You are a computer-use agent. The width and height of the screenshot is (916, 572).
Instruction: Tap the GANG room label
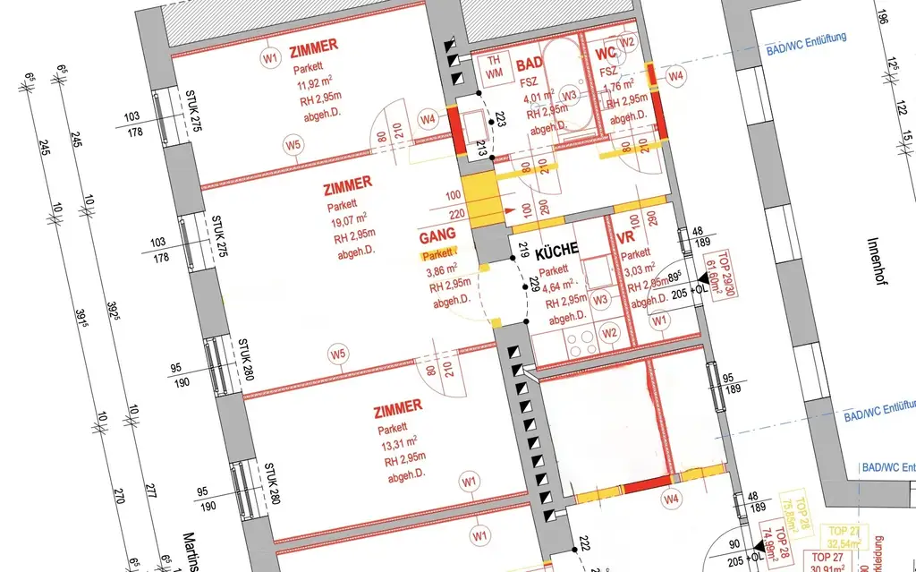[437, 238]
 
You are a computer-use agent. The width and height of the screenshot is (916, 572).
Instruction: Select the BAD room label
[529, 64]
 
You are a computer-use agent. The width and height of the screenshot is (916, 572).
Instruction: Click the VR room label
[626, 239]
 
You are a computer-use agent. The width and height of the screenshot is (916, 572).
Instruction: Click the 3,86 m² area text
[445, 272]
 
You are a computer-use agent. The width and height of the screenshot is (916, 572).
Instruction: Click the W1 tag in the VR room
[660, 320]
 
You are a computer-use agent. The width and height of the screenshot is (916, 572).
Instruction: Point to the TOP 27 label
[842, 531]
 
